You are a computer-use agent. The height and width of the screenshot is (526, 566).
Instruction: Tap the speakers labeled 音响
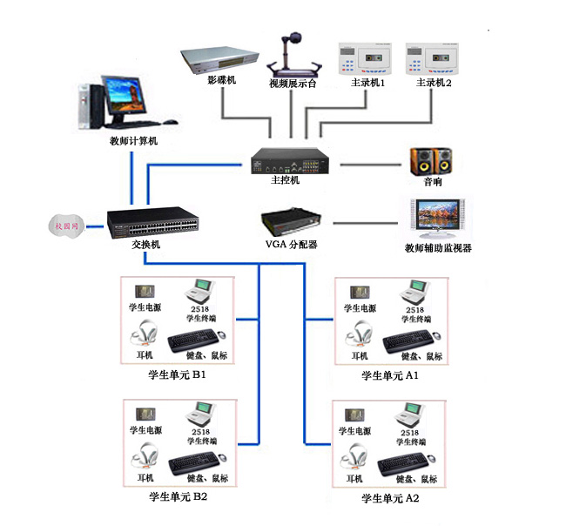433,160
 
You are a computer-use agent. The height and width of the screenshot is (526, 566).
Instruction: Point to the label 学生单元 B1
178,376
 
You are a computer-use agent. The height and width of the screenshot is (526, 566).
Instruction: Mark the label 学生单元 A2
391,499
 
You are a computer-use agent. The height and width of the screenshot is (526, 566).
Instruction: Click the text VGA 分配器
291,245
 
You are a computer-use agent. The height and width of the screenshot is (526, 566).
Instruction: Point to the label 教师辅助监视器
438,248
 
